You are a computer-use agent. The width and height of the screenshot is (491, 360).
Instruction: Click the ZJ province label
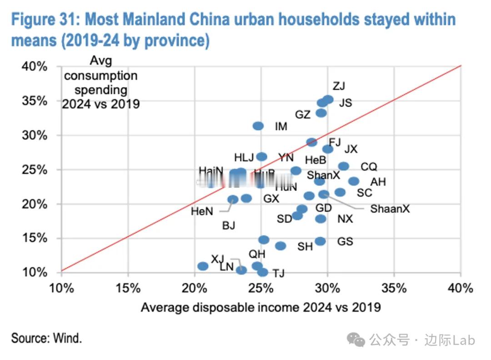pos(339,86)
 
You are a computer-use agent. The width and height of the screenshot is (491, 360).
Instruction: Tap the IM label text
pos(281,126)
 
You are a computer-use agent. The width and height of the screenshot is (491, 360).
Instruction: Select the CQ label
pos(369,167)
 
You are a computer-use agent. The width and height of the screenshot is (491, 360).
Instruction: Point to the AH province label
pos(378,182)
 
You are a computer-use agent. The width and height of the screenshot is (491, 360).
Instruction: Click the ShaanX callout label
pos(390,209)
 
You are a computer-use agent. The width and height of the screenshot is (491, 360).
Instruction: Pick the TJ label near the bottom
pos(278,273)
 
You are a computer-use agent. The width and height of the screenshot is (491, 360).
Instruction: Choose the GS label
pos(345,241)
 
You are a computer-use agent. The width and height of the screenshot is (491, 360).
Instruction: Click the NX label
pos(345,219)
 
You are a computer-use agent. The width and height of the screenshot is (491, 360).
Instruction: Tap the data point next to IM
pos(258,126)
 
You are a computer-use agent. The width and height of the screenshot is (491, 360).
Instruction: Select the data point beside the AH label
pos(354,181)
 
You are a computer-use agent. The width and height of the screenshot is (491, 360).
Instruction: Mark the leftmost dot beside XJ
pos(203,266)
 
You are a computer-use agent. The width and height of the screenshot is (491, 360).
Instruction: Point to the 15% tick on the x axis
pos(128,288)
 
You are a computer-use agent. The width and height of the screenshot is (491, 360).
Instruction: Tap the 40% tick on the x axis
pos(461,288)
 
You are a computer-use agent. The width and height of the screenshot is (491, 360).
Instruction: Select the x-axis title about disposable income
pos(261,307)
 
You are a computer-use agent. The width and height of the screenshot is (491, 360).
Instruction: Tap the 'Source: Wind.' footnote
pos(46,338)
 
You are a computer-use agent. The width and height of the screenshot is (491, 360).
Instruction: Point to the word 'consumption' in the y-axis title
pos(100,75)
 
